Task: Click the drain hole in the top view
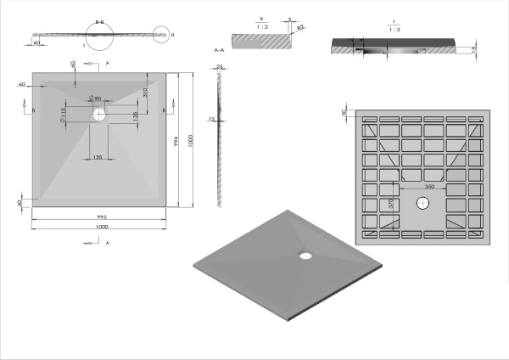[100, 112]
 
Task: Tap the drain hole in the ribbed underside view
[422, 203]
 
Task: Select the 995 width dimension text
[101, 217]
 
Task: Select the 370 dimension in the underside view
[391, 204]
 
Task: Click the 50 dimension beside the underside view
[344, 112]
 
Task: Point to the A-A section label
[218, 51]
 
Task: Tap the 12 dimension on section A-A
[211, 119]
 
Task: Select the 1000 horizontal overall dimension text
[101, 227]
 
